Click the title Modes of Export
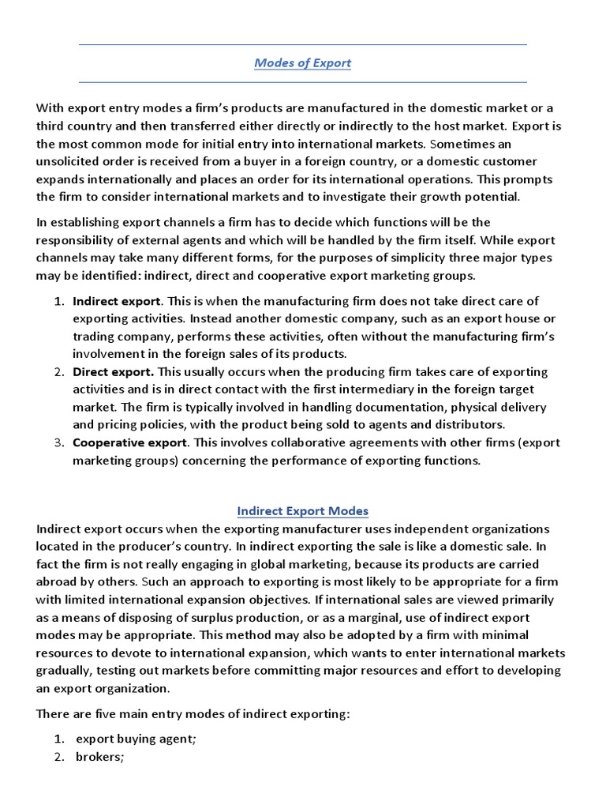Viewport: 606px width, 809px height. [302, 63]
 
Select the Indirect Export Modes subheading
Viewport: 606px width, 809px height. [303, 510]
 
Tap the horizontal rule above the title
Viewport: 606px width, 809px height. [303, 45]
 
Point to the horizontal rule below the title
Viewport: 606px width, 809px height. [303, 82]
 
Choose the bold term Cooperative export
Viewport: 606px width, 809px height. [130, 442]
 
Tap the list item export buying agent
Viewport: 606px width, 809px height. [133, 739]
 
